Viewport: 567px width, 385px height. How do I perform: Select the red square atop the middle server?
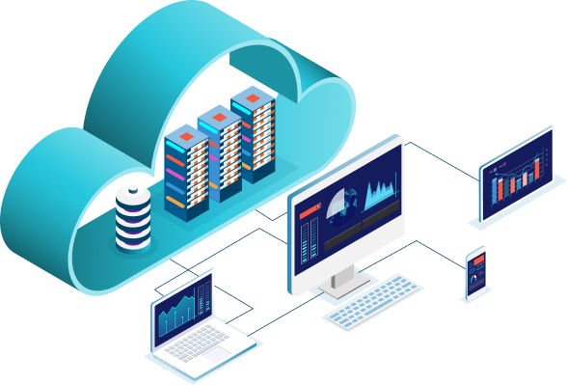pyautogui.click(x=218, y=118)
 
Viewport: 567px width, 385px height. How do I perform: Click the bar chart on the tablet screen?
pyautogui.click(x=521, y=179)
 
